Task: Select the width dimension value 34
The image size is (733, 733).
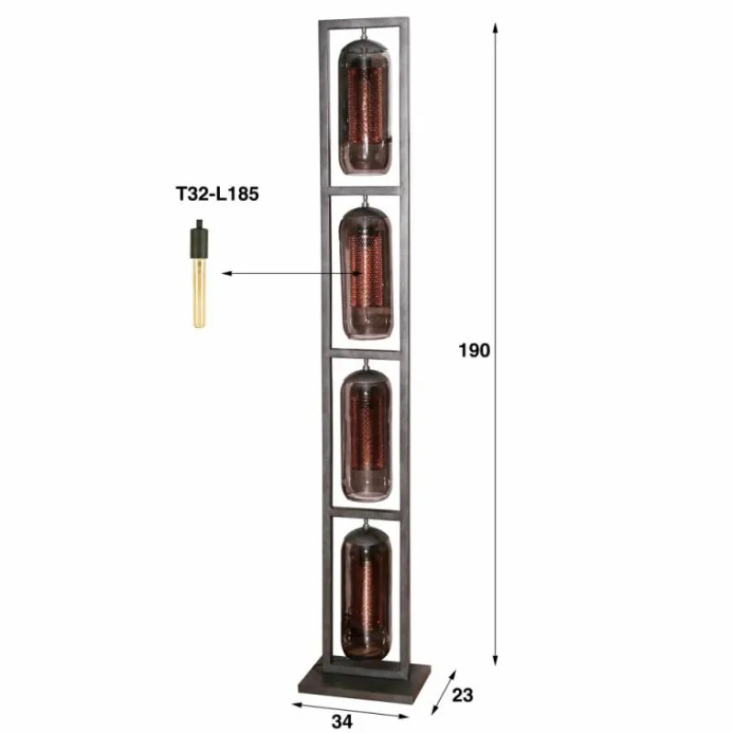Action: [x=342, y=721]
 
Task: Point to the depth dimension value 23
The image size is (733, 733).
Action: [x=462, y=695]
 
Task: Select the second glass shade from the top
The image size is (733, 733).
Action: [x=366, y=273]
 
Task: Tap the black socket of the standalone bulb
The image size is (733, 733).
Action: [x=197, y=240]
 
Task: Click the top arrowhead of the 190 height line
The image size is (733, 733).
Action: [x=496, y=28]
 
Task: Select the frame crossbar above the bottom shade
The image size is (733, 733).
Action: [x=364, y=515]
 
